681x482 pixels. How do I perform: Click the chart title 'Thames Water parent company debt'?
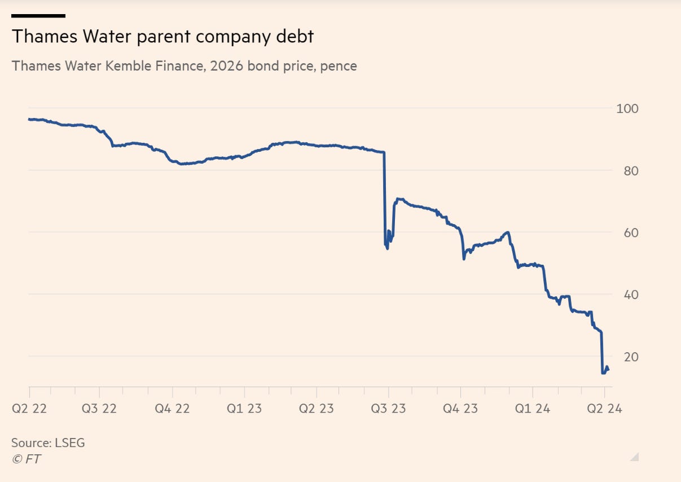pyautogui.click(x=162, y=37)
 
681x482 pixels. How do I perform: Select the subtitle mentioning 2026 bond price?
pyautogui.click(x=184, y=66)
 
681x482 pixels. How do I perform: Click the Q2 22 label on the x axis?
pyautogui.click(x=29, y=409)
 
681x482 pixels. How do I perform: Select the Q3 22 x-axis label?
pyautogui.click(x=99, y=409)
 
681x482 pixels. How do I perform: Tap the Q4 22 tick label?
pyautogui.click(x=173, y=409)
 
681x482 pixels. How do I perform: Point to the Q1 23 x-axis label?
pyautogui.click(x=244, y=409)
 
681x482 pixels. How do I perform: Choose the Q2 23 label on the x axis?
pyautogui.click(x=316, y=409)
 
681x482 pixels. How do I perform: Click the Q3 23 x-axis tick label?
pyautogui.click(x=388, y=409)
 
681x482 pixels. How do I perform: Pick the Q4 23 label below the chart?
pyautogui.click(x=460, y=409)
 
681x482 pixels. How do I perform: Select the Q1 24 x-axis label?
pyautogui.click(x=533, y=409)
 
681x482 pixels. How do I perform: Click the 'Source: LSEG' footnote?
pyautogui.click(x=48, y=443)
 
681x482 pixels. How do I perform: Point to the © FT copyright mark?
pyautogui.click(x=26, y=459)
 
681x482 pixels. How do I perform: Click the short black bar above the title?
pyautogui.click(x=38, y=16)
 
